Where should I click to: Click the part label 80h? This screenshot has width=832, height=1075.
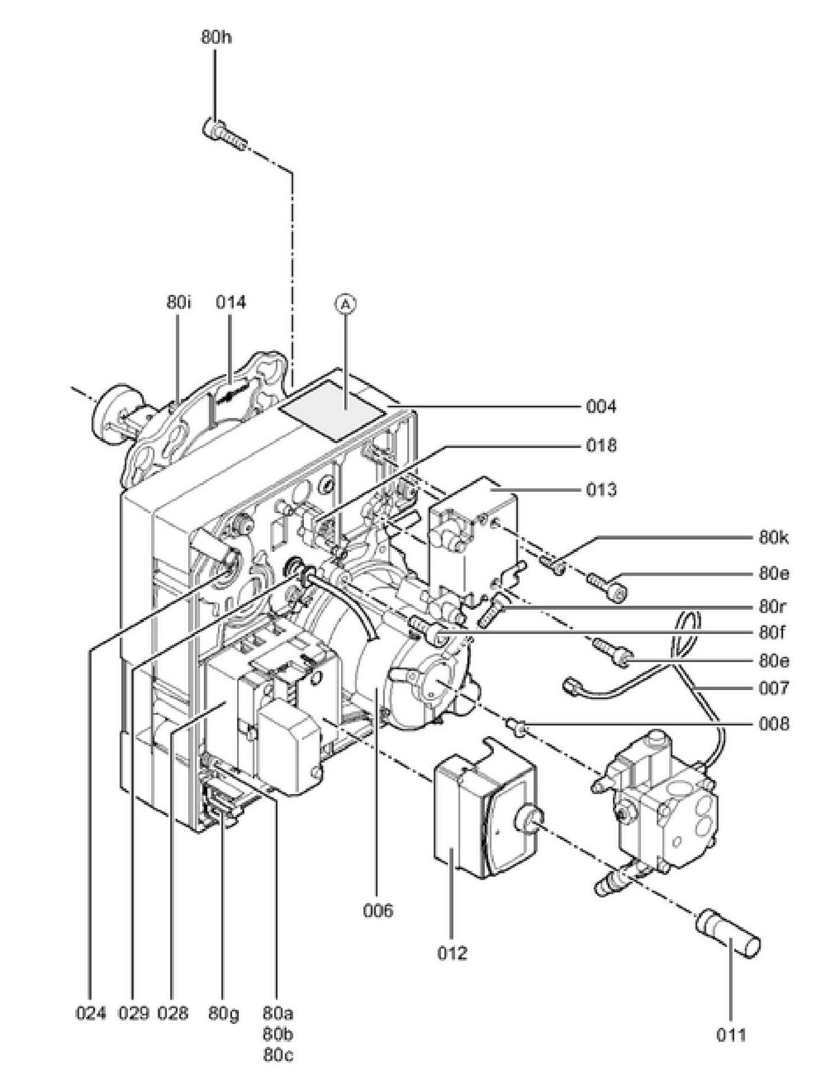coord(216,37)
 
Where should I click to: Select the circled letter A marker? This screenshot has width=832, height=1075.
coord(346,303)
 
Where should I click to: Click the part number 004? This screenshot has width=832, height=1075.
coord(601,407)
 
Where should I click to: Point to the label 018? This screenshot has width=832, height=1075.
coord(601,445)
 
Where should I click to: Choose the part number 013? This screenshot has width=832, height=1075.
coord(601,489)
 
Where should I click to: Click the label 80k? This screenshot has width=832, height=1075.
coord(774,538)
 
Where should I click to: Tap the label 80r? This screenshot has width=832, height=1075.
coord(773,607)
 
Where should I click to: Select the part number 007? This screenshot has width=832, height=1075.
coord(774,688)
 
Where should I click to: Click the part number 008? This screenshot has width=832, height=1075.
coord(774,724)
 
